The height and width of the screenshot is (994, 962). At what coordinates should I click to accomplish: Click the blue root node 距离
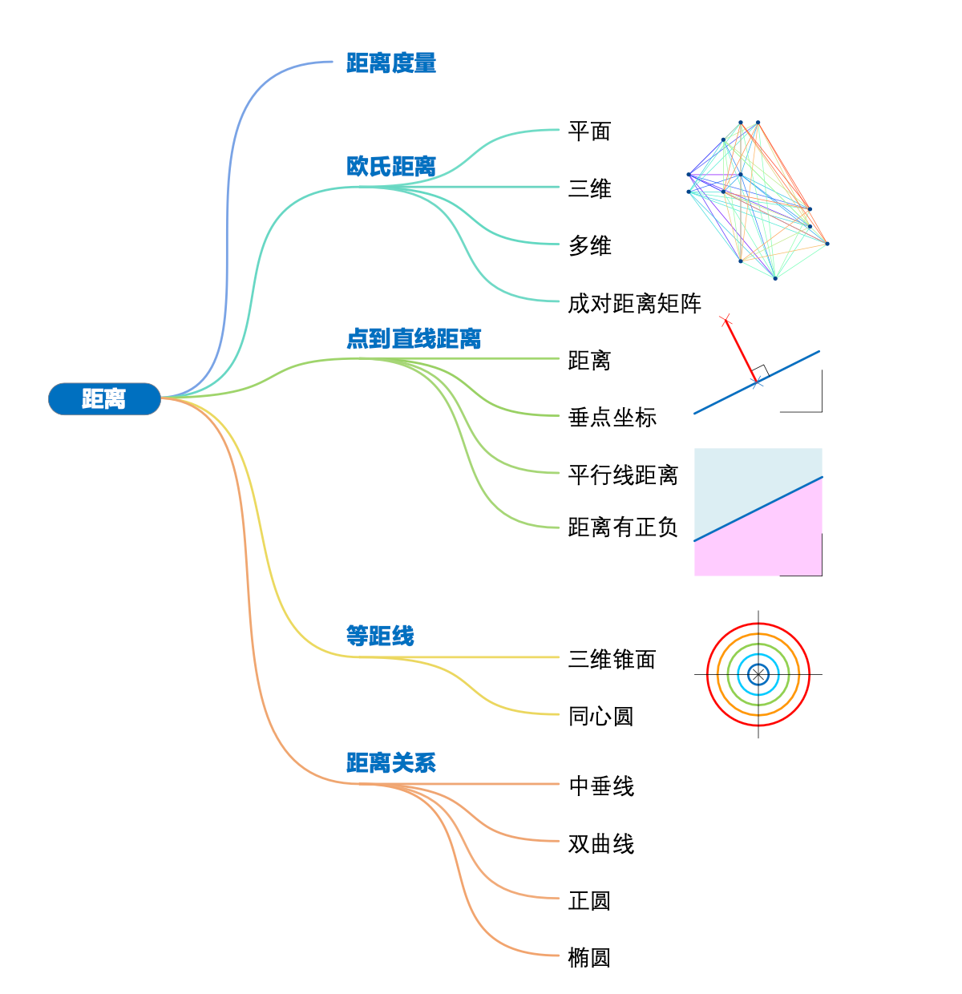tap(104, 398)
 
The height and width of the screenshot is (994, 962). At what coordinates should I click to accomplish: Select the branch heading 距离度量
tap(391, 63)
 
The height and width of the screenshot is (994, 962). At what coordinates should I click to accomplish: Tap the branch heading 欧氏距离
tap(391, 167)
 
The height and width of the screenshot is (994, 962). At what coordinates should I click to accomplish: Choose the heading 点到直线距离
tap(414, 339)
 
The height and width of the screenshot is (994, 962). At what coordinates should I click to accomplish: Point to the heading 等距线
tap(380, 636)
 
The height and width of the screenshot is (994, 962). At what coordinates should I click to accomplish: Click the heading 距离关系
tap(391, 763)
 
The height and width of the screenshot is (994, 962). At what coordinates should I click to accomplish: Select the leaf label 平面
tap(589, 131)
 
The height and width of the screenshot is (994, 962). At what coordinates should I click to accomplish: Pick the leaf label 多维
tap(589, 245)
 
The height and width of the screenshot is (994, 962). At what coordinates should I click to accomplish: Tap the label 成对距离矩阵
tap(634, 303)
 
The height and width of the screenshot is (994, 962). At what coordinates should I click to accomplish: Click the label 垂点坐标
tap(612, 417)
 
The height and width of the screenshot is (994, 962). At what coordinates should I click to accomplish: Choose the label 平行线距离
tap(623, 475)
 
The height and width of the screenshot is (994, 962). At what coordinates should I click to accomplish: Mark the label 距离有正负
tap(623, 527)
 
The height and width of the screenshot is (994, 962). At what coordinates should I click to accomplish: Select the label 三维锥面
tap(612, 659)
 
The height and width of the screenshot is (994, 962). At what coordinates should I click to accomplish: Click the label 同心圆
tap(600, 716)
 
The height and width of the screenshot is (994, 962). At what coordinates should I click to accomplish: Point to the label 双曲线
tap(600, 843)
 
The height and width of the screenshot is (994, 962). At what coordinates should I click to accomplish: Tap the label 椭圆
tap(589, 957)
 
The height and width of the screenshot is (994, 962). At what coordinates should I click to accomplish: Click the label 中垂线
tap(600, 786)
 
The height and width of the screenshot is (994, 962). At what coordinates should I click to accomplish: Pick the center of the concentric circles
tap(758, 674)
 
